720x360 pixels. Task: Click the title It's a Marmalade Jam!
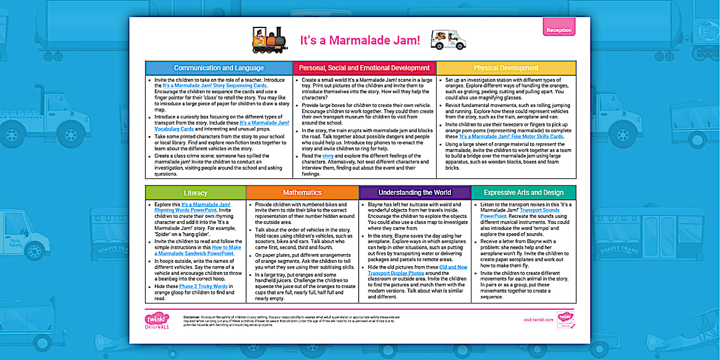pos(360,41)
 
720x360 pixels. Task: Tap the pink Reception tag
pos(558,30)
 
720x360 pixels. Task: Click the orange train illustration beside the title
pos(269,39)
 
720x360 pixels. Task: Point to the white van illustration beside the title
pos(448,39)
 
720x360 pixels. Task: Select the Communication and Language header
pos(219,68)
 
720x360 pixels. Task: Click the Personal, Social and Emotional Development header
pos(364,68)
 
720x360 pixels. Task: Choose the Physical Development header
pos(506,68)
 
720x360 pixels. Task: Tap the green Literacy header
pos(195,193)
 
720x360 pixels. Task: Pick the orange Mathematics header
pos(302,193)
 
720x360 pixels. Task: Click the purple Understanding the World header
pos(414,193)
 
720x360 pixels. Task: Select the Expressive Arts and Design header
pos(523,193)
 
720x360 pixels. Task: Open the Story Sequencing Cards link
pos(215,86)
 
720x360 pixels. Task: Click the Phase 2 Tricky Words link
pos(203,286)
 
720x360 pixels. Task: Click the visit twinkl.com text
pos(538,320)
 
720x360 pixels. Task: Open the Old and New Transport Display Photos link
pos(417,270)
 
